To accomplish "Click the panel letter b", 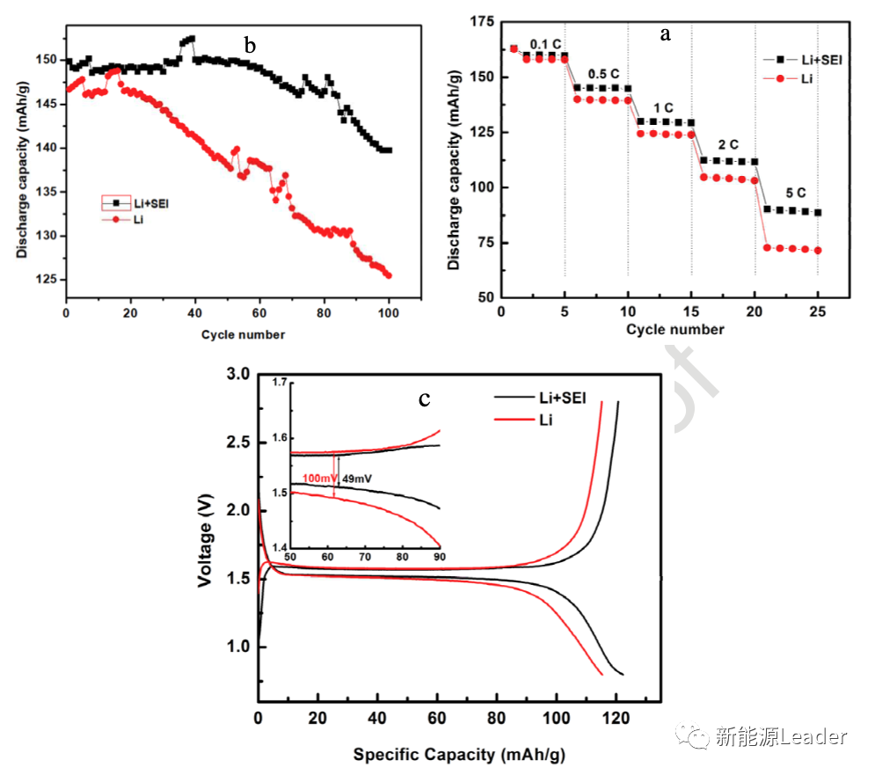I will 250,46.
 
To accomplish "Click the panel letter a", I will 666,34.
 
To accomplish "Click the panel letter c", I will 424,399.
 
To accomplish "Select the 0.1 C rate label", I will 546,44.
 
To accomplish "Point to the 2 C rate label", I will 728,144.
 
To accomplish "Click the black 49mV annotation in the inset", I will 356,478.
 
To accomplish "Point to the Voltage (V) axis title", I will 206,544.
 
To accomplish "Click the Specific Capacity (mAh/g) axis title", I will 463,755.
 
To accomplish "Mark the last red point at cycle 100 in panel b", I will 389,275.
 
